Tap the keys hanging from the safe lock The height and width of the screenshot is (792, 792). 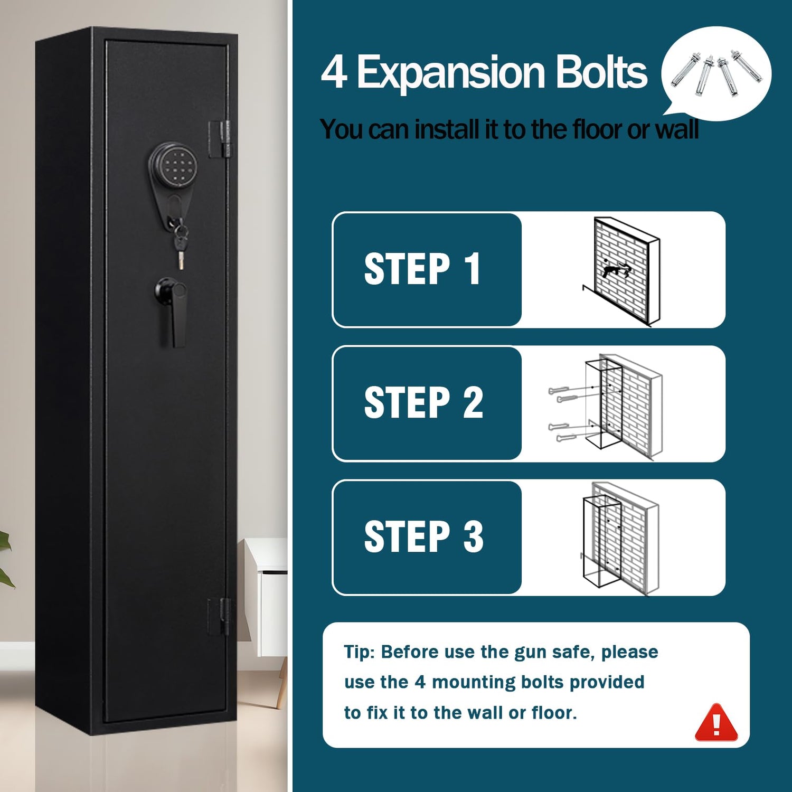[180, 245]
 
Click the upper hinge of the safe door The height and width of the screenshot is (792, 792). [220, 139]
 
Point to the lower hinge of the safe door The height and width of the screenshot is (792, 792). [220, 616]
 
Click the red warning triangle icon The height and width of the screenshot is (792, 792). [716, 722]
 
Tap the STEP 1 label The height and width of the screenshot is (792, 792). [422, 269]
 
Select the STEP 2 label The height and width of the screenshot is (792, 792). [423, 403]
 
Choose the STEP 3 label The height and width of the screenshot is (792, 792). [423, 537]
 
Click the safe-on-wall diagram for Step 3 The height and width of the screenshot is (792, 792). [620, 539]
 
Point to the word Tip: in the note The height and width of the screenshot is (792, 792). [360, 653]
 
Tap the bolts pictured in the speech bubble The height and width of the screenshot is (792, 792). [716, 73]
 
